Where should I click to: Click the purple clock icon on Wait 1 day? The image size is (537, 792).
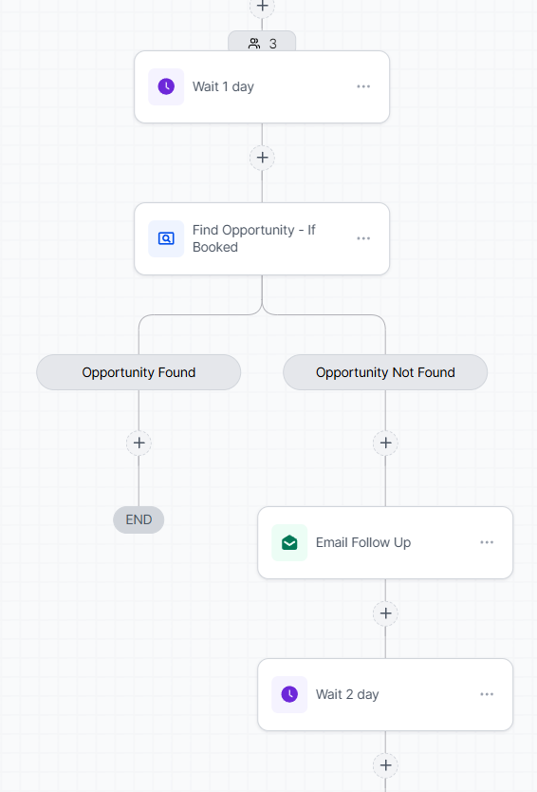[x=166, y=86]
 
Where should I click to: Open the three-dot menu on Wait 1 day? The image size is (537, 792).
[x=363, y=86]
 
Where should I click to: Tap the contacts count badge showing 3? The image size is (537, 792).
[x=262, y=43]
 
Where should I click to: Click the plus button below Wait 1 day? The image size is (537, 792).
[x=263, y=158]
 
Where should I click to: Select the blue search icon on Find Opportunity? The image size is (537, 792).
[x=166, y=238]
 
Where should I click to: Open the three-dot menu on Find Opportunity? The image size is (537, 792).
[x=363, y=238]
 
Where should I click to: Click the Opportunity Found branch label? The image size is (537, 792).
[x=139, y=372]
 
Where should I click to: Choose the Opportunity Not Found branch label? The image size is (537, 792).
[x=385, y=372]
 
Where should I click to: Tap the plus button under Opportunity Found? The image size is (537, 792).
[x=139, y=443]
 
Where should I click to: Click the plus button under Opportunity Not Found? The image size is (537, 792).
[x=385, y=443]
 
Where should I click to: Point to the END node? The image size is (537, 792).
[x=139, y=519]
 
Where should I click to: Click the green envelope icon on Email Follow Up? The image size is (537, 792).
[x=289, y=542]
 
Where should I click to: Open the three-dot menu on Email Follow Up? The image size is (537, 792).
[x=487, y=542]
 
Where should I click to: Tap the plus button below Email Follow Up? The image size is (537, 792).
[x=385, y=613]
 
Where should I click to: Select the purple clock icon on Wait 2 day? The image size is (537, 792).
[x=289, y=694]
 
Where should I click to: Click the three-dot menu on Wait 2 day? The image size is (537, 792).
[x=487, y=694]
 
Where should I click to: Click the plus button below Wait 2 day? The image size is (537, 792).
[x=385, y=765]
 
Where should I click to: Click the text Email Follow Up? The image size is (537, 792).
[x=363, y=542]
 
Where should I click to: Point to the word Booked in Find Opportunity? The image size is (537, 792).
[x=215, y=247]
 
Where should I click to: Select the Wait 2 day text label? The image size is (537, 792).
[x=347, y=694]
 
